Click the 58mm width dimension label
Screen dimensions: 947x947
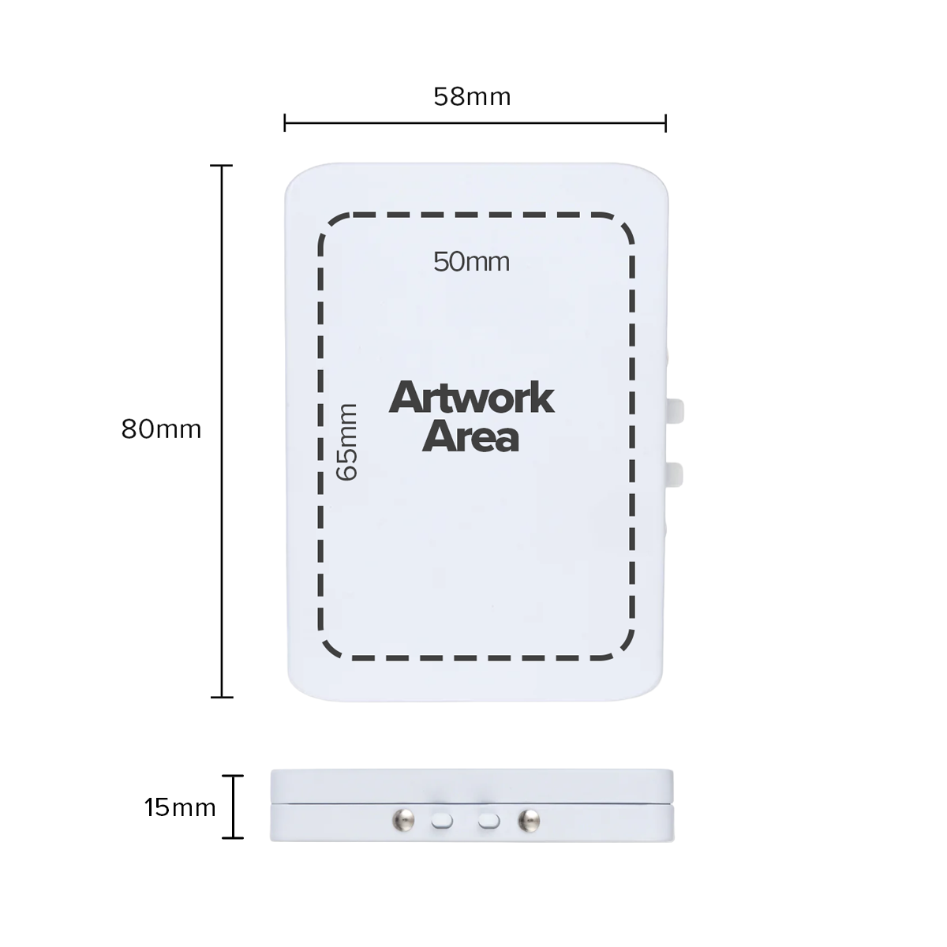tap(472, 97)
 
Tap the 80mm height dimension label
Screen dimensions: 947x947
tap(161, 429)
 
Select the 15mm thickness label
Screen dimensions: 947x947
tap(180, 807)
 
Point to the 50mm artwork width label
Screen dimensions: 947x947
tap(471, 261)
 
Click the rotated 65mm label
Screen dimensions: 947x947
tap(347, 442)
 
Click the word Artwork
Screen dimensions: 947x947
tap(471, 399)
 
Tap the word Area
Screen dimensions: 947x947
tap(471, 437)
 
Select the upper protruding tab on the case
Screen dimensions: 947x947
tap(676, 410)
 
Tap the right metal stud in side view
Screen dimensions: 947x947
tap(528, 821)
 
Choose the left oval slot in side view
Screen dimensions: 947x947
tap(442, 821)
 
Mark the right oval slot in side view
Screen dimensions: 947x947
tap(489, 821)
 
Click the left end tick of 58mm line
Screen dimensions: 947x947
tap(285, 123)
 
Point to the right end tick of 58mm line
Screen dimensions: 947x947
tap(666, 123)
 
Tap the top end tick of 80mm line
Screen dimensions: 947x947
tap(222, 166)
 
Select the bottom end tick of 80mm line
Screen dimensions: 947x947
tap(222, 697)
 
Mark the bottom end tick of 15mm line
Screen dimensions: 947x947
tap(232, 837)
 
